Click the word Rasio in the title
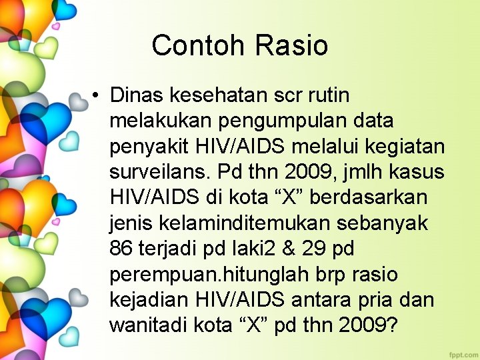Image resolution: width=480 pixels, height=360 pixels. point(291,45)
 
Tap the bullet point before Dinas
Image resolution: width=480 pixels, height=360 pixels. point(97,96)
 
